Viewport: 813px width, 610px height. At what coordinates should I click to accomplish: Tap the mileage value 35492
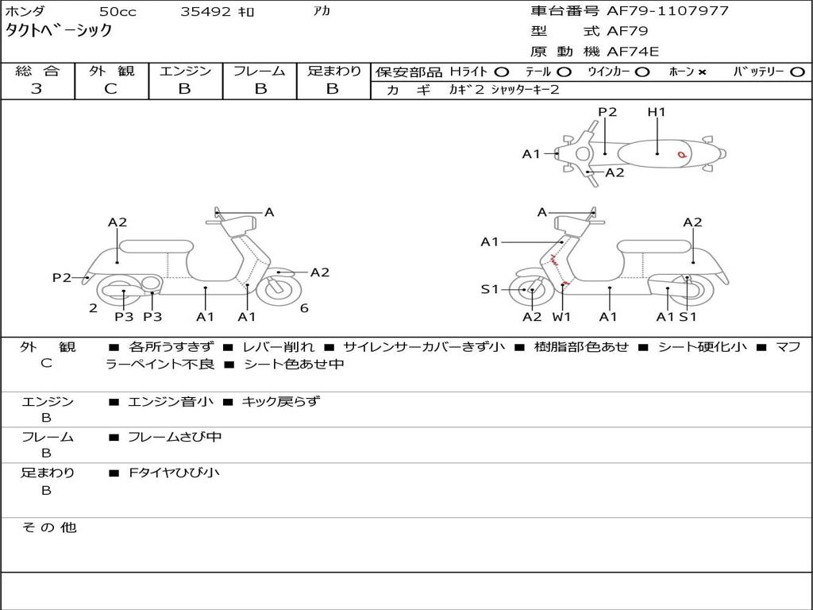click(x=206, y=12)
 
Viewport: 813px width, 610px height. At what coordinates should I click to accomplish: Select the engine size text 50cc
click(x=117, y=12)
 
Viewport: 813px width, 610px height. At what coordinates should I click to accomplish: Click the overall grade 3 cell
click(x=37, y=89)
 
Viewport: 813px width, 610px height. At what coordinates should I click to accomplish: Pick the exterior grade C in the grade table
click(x=110, y=89)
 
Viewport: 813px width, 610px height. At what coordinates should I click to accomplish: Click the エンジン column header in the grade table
click(x=185, y=71)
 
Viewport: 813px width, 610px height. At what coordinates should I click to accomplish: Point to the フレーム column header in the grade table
click(x=260, y=71)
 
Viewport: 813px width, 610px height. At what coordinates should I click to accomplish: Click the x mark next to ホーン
click(x=702, y=72)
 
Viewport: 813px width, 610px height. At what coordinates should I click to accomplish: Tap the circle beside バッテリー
click(x=797, y=71)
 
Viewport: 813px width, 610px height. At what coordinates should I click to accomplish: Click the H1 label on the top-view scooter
click(x=657, y=112)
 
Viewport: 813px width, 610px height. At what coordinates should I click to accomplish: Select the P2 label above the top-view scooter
click(x=607, y=112)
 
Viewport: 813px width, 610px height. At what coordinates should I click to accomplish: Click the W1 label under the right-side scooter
click(x=562, y=317)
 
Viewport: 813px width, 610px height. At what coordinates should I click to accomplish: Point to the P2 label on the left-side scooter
click(x=62, y=277)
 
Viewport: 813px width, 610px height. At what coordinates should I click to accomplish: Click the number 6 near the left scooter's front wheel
click(x=304, y=308)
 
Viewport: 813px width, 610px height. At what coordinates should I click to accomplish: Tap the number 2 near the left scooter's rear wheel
click(x=93, y=308)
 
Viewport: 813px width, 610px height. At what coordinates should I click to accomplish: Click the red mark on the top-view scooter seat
click(x=681, y=154)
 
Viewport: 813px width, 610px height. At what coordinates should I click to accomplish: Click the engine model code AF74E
click(x=633, y=52)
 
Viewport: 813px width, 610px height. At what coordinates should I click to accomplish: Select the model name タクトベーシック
click(x=60, y=31)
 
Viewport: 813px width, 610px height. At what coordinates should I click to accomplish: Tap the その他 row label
click(x=49, y=527)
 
